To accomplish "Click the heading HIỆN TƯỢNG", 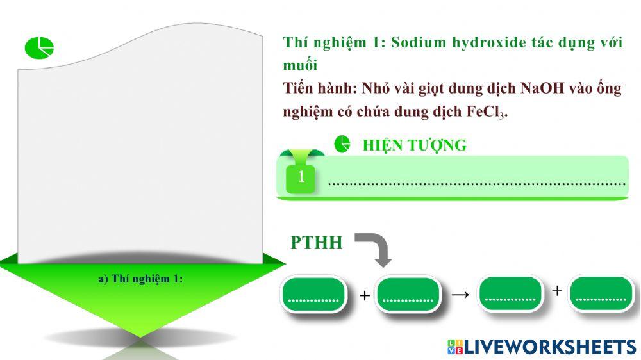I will [414, 145].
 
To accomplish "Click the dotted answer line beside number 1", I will [476, 183].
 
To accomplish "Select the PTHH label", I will [317, 243].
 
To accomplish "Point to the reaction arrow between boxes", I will [460, 295].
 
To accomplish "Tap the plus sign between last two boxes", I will [557, 291].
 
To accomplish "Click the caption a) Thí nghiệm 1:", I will [140, 279].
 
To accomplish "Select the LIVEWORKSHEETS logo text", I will [549, 347].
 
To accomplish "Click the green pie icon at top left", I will [39, 47].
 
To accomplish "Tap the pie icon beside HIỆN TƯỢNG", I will [342, 144].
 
